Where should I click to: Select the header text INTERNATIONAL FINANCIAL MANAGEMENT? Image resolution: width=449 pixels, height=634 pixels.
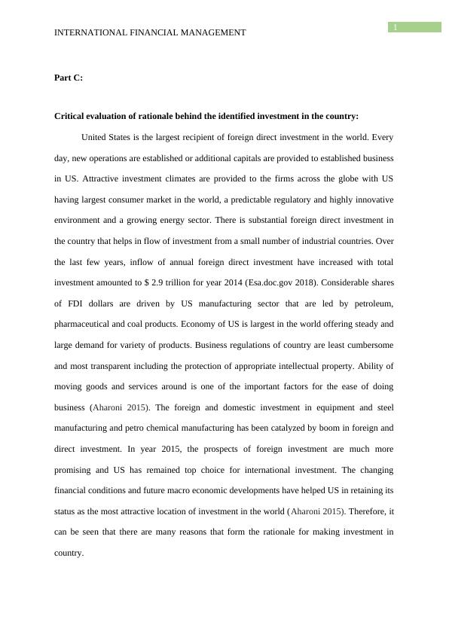click(x=151, y=32)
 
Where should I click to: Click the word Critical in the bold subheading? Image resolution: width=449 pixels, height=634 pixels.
click(x=72, y=117)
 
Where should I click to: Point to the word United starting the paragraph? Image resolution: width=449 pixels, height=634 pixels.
click(x=96, y=137)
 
